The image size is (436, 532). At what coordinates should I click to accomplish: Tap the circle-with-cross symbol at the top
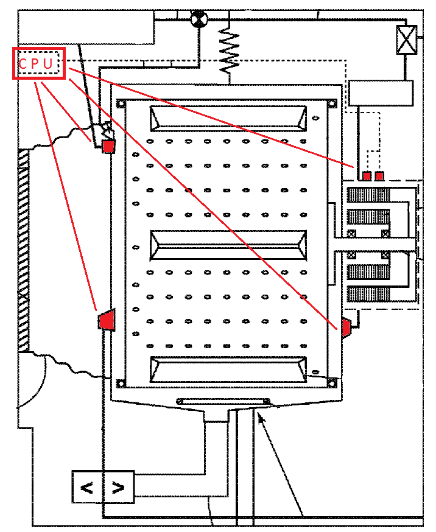pyautogui.click(x=198, y=19)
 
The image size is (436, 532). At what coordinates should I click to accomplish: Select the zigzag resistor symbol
pyautogui.click(x=229, y=51)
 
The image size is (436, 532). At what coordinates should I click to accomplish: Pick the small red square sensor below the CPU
pyautogui.click(x=108, y=147)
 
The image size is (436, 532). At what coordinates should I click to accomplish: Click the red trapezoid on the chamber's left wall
pyautogui.click(x=107, y=319)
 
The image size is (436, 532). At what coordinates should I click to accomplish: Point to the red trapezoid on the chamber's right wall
pyautogui.click(x=345, y=327)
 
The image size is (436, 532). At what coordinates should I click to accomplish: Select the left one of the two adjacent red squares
pyautogui.click(x=367, y=176)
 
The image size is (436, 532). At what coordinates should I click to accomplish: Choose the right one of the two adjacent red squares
pyautogui.click(x=379, y=176)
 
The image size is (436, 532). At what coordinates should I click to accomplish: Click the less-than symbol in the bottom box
pyautogui.click(x=88, y=487)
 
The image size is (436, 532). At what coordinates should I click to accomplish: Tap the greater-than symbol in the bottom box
pyautogui.click(x=119, y=487)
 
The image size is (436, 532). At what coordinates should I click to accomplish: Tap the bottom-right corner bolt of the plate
pyautogui.click(x=332, y=382)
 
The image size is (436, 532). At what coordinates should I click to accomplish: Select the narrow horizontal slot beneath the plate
pyautogui.click(x=223, y=401)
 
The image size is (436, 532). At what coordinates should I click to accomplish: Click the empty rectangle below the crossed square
pyautogui.click(x=381, y=93)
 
